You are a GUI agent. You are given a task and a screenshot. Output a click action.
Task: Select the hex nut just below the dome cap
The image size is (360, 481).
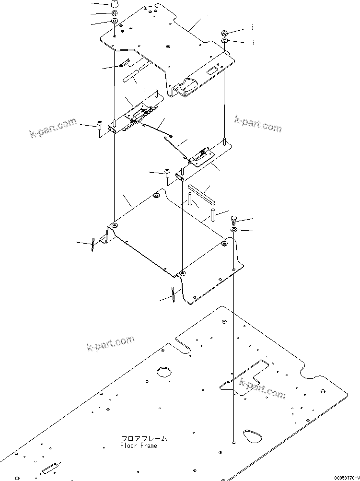click(115, 13)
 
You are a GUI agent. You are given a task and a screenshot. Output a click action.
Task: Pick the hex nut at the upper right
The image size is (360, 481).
click(224, 33)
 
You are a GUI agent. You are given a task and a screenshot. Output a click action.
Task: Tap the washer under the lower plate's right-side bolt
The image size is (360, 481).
click(233, 231)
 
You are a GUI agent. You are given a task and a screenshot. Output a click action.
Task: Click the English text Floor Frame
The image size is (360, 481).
click(139, 446)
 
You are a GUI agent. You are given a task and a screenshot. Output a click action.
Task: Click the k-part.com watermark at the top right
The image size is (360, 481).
click(257, 124)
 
